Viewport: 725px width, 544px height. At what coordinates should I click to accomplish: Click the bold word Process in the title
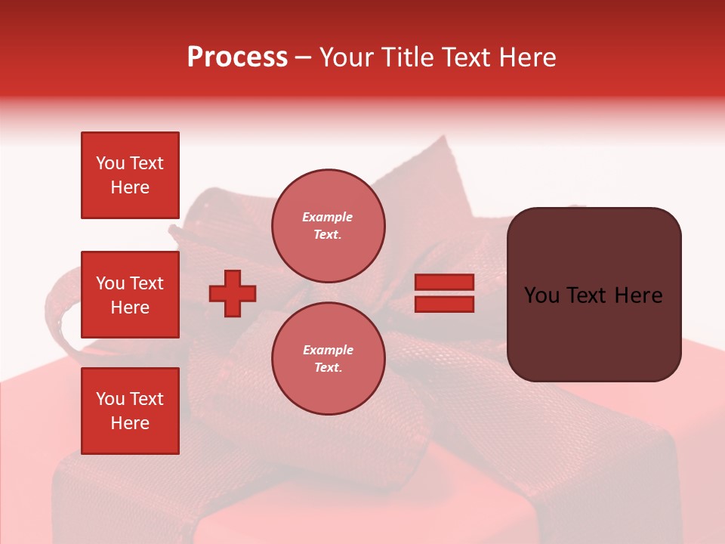[237, 57]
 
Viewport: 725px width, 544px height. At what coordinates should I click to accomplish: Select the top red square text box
[130, 175]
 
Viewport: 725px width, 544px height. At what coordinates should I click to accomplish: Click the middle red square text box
[130, 295]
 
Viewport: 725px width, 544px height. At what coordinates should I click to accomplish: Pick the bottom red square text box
[130, 411]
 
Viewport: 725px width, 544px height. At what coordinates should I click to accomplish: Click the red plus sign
[233, 293]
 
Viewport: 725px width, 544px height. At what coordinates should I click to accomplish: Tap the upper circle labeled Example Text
[328, 226]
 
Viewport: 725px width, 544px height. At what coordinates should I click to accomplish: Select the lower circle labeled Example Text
[328, 359]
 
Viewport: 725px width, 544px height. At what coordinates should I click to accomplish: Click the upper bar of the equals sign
[444, 282]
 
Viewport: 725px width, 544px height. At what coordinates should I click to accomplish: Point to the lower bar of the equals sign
[444, 304]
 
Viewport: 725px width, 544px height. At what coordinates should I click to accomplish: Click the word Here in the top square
[130, 187]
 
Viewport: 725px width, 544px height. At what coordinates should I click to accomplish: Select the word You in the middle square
[110, 283]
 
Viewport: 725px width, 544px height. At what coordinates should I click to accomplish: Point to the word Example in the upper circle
[328, 217]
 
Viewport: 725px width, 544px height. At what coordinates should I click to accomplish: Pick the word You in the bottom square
[110, 399]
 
